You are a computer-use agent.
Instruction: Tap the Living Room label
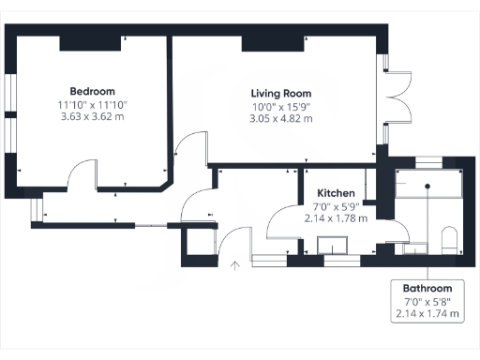point(280,94)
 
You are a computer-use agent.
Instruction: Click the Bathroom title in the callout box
point(427,288)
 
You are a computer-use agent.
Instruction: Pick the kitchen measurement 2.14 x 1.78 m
point(335,217)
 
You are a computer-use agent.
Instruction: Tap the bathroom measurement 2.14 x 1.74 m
point(427,314)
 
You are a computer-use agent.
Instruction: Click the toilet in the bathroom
point(448,238)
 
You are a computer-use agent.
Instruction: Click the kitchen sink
point(332,246)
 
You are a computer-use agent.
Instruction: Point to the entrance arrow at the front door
point(234,266)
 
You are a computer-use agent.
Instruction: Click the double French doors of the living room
point(397,97)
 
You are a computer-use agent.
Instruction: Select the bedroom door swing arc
point(84,174)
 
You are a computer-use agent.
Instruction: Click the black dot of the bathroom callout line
point(427,186)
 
